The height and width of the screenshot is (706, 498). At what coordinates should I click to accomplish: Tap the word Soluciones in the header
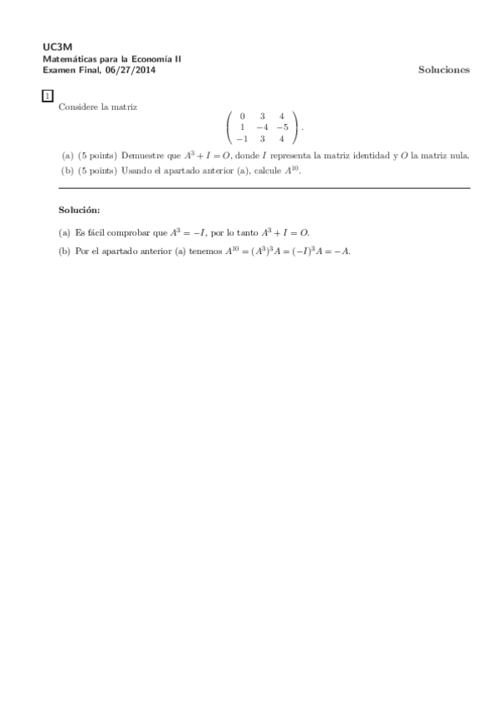click(443, 70)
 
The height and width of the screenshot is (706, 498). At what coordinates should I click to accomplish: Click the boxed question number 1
click(47, 97)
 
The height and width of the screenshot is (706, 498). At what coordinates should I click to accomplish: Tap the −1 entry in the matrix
click(240, 139)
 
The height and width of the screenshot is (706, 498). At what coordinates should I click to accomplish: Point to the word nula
click(459, 155)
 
